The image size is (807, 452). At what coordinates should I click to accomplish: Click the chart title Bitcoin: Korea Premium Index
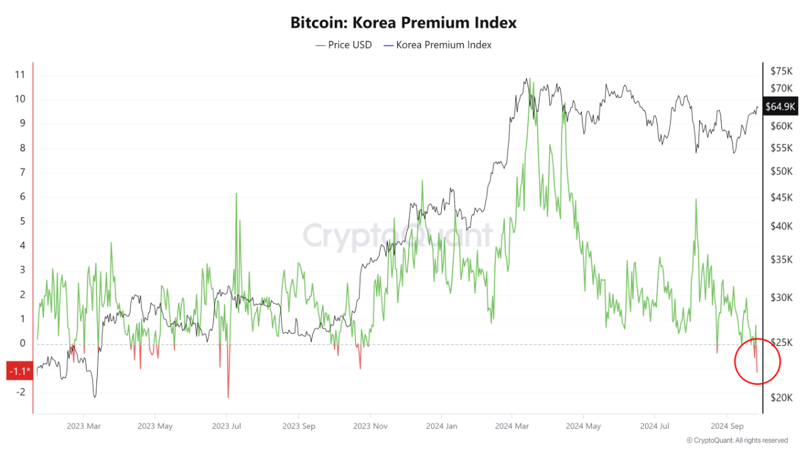tap(403, 23)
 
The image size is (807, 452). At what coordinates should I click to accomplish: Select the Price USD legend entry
tap(344, 45)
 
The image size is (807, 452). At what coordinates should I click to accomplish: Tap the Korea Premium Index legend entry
tap(438, 45)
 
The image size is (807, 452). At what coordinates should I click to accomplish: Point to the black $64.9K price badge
tap(780, 107)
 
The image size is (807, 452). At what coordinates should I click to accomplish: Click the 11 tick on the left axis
tap(20, 74)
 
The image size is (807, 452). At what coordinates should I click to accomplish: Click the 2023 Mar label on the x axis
tap(83, 426)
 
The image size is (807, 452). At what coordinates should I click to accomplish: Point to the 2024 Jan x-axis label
tap(441, 426)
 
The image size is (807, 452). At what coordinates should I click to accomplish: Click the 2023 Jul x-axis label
tap(226, 426)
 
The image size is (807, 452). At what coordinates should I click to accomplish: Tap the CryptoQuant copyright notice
tap(737, 440)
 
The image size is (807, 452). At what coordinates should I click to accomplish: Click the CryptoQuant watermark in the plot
tap(398, 235)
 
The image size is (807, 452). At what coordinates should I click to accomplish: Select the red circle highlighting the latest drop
tap(757, 361)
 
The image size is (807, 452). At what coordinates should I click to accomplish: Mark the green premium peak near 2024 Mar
tap(529, 80)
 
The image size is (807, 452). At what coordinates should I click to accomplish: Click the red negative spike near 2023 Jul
tap(228, 396)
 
